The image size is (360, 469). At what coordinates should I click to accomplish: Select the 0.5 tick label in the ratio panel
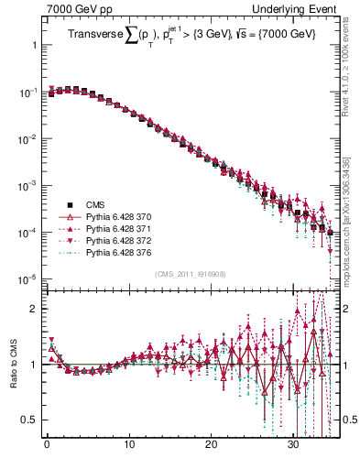30,420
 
